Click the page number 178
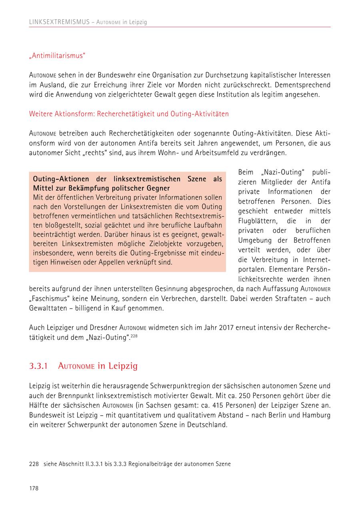click(x=34, y=488)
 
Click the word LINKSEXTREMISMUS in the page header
click(x=59, y=22)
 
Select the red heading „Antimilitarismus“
click(x=57, y=56)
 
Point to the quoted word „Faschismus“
click(x=50, y=299)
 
